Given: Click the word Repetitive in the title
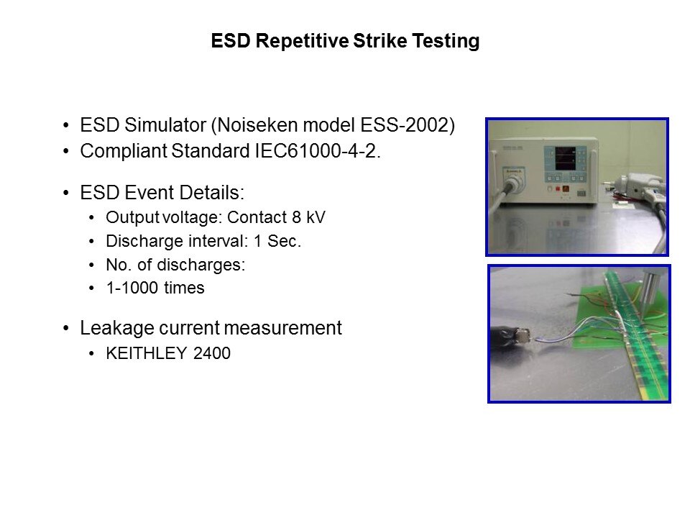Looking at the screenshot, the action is tap(303, 41).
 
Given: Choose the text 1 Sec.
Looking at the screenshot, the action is tap(277, 241).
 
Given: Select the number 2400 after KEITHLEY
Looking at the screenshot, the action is tap(211, 353).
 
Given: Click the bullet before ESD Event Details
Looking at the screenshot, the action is tap(66, 193).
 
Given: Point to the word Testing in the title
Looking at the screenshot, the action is tap(446, 42).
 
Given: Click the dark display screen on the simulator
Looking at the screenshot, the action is tap(565, 158).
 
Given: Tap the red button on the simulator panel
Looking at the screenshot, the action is tap(558, 188).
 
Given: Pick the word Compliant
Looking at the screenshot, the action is tap(123, 152).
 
